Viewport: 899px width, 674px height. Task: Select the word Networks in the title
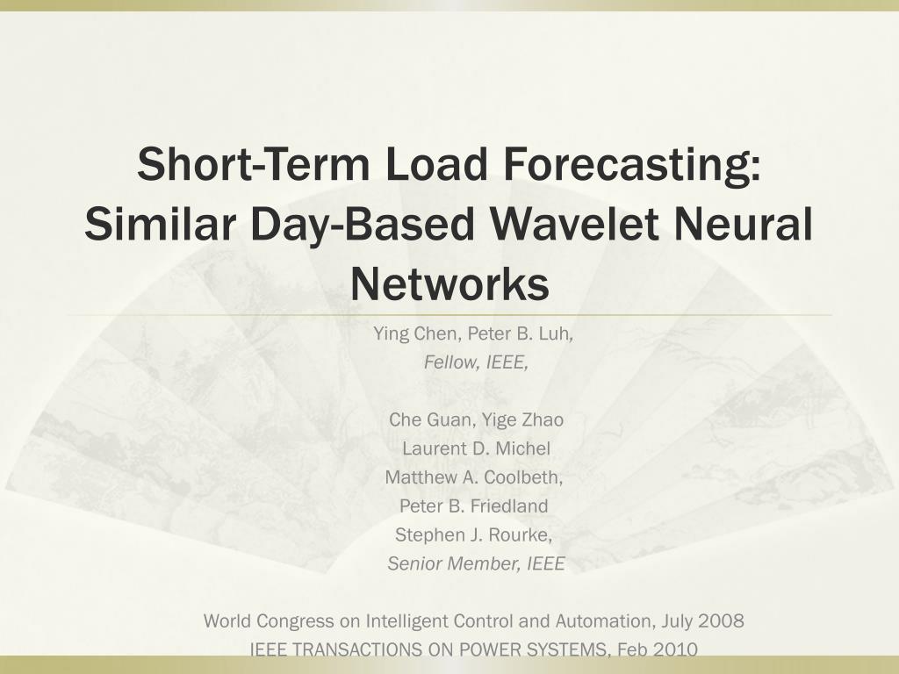[x=449, y=283]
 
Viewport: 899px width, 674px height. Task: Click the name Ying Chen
[x=414, y=333]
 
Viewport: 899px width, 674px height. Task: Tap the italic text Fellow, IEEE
[x=476, y=362]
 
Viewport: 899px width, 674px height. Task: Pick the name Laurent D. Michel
[x=476, y=448]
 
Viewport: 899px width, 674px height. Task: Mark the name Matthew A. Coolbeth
[x=474, y=477]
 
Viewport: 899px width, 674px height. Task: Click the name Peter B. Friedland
[x=474, y=506]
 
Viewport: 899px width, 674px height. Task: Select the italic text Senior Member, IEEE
[x=476, y=564]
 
